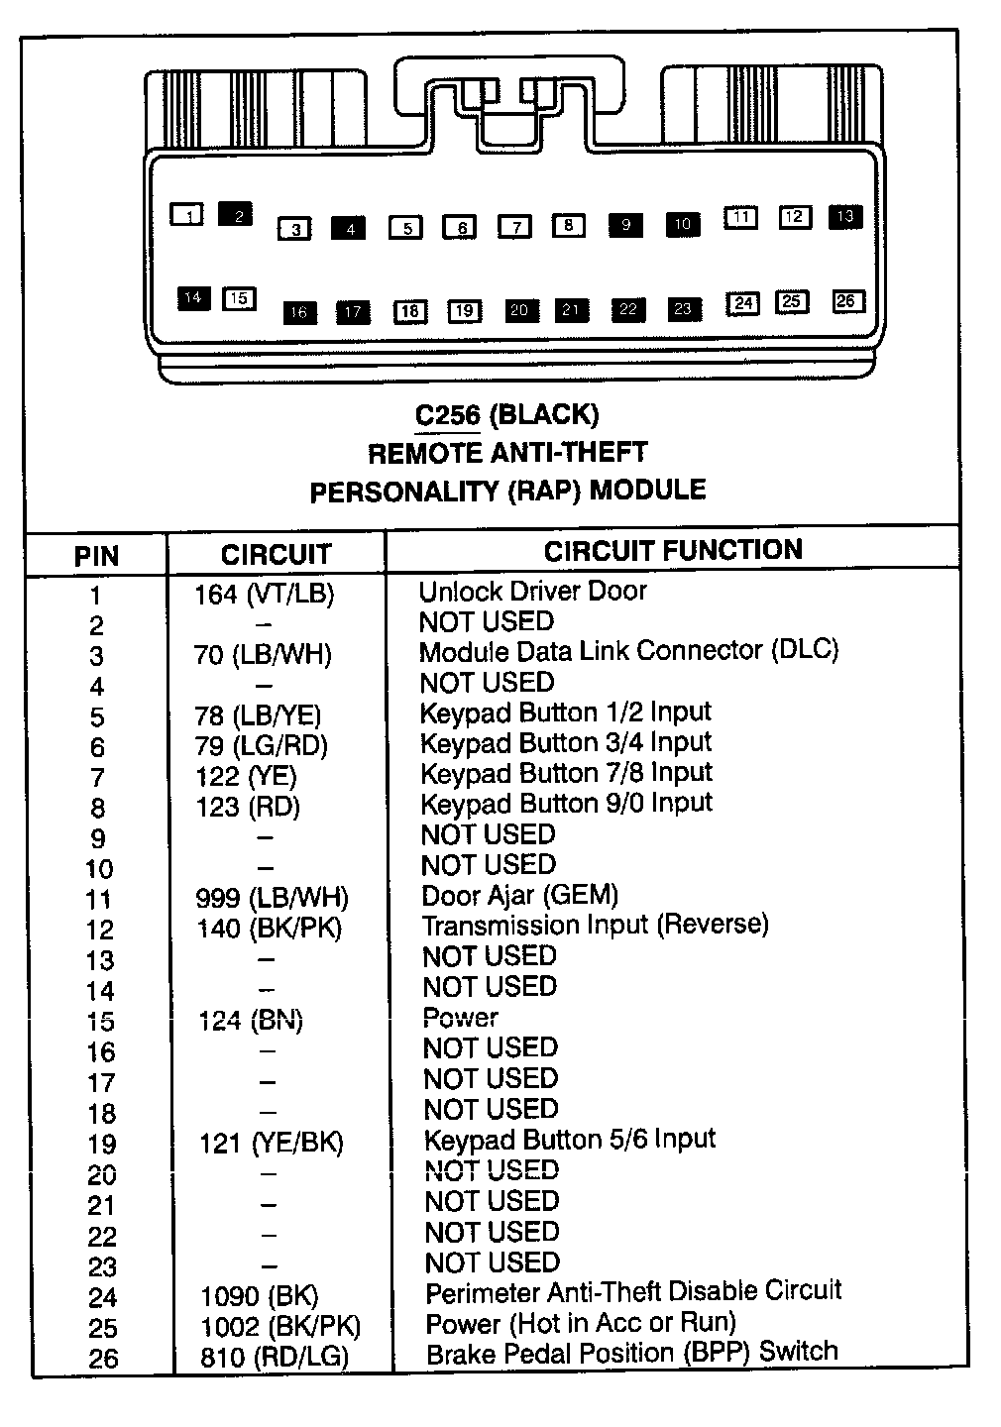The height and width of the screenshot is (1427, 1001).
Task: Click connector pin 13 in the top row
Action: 844,216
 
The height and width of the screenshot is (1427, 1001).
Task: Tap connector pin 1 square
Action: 187,213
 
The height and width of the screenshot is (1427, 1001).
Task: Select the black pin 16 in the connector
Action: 299,312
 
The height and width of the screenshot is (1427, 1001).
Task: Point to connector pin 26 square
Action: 845,301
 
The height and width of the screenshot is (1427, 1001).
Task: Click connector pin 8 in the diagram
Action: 568,225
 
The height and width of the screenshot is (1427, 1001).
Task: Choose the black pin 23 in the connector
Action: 683,309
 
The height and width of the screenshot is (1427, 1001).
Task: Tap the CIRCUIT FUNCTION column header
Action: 673,550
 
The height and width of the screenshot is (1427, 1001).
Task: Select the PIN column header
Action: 96,556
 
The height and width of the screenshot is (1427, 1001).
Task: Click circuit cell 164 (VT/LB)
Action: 265,595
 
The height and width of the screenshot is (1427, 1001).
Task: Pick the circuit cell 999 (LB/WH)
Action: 273,898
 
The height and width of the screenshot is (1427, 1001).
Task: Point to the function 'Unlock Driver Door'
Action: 532,592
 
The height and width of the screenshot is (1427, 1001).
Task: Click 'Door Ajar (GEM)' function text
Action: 519,896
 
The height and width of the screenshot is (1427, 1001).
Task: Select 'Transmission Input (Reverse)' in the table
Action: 595,926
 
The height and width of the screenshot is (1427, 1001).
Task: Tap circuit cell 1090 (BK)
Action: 259,1296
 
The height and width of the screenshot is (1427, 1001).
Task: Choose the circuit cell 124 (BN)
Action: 251,1020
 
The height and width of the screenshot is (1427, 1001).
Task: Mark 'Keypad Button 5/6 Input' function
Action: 569,1140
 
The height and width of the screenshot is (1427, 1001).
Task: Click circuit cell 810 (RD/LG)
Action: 274,1358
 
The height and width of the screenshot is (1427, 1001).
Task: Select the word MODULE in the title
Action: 647,490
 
